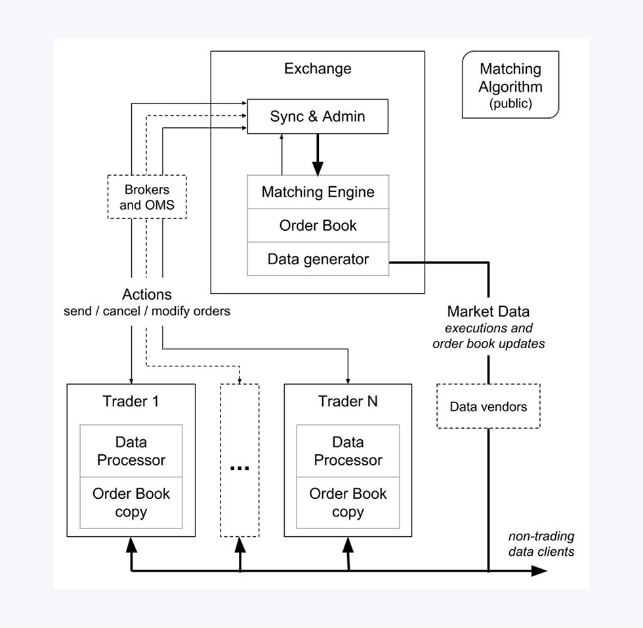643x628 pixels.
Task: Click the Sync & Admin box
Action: click(x=318, y=116)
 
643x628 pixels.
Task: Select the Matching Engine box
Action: click(x=318, y=191)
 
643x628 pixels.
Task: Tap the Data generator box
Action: click(x=318, y=259)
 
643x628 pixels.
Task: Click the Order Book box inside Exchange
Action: click(x=318, y=226)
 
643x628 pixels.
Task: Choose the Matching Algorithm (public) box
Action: click(x=510, y=85)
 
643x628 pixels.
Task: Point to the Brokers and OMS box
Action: click(x=147, y=197)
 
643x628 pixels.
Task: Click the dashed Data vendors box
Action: click(x=488, y=406)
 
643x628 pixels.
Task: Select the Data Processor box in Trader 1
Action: click(x=131, y=451)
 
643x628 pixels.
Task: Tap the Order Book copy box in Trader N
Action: click(x=348, y=503)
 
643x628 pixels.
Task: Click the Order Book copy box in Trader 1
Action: click(x=131, y=503)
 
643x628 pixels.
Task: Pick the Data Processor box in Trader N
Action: click(x=348, y=451)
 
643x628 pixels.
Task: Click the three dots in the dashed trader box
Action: click(x=239, y=468)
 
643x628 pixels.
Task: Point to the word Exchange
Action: click(x=318, y=68)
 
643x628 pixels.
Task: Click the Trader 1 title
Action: click(x=131, y=401)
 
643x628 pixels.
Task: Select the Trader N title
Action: click(x=348, y=401)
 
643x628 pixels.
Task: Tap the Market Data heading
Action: click(x=488, y=311)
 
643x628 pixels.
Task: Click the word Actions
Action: click(x=147, y=294)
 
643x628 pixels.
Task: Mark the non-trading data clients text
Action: click(x=541, y=543)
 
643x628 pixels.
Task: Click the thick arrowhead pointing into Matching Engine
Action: click(x=318, y=168)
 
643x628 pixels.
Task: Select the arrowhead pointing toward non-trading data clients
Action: click(x=539, y=571)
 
